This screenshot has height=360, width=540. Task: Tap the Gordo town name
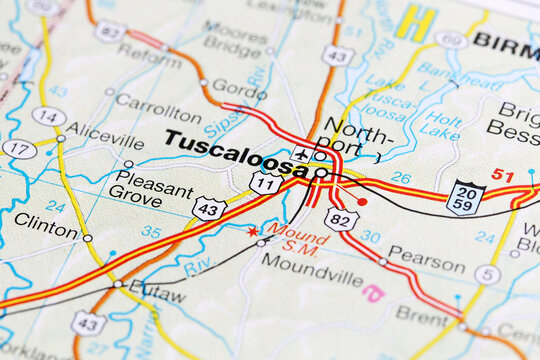tap(239, 87)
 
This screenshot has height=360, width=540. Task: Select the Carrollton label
tap(158, 102)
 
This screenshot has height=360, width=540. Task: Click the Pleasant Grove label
tap(150, 195)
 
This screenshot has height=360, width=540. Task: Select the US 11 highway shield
tap(265, 183)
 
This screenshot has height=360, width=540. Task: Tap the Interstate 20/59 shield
tap(466, 198)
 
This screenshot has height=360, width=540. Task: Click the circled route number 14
tap(48, 117)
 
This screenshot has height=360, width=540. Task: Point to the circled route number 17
tap(19, 149)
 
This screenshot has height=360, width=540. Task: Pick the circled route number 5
tap(487, 274)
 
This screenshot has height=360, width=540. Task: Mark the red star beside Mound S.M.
tap(252, 231)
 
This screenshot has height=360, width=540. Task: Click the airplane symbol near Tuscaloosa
tap(302, 155)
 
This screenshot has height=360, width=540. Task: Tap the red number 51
tap(502, 176)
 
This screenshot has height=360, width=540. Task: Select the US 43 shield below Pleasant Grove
tap(209, 208)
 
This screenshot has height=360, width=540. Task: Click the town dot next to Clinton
tap(87, 238)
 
